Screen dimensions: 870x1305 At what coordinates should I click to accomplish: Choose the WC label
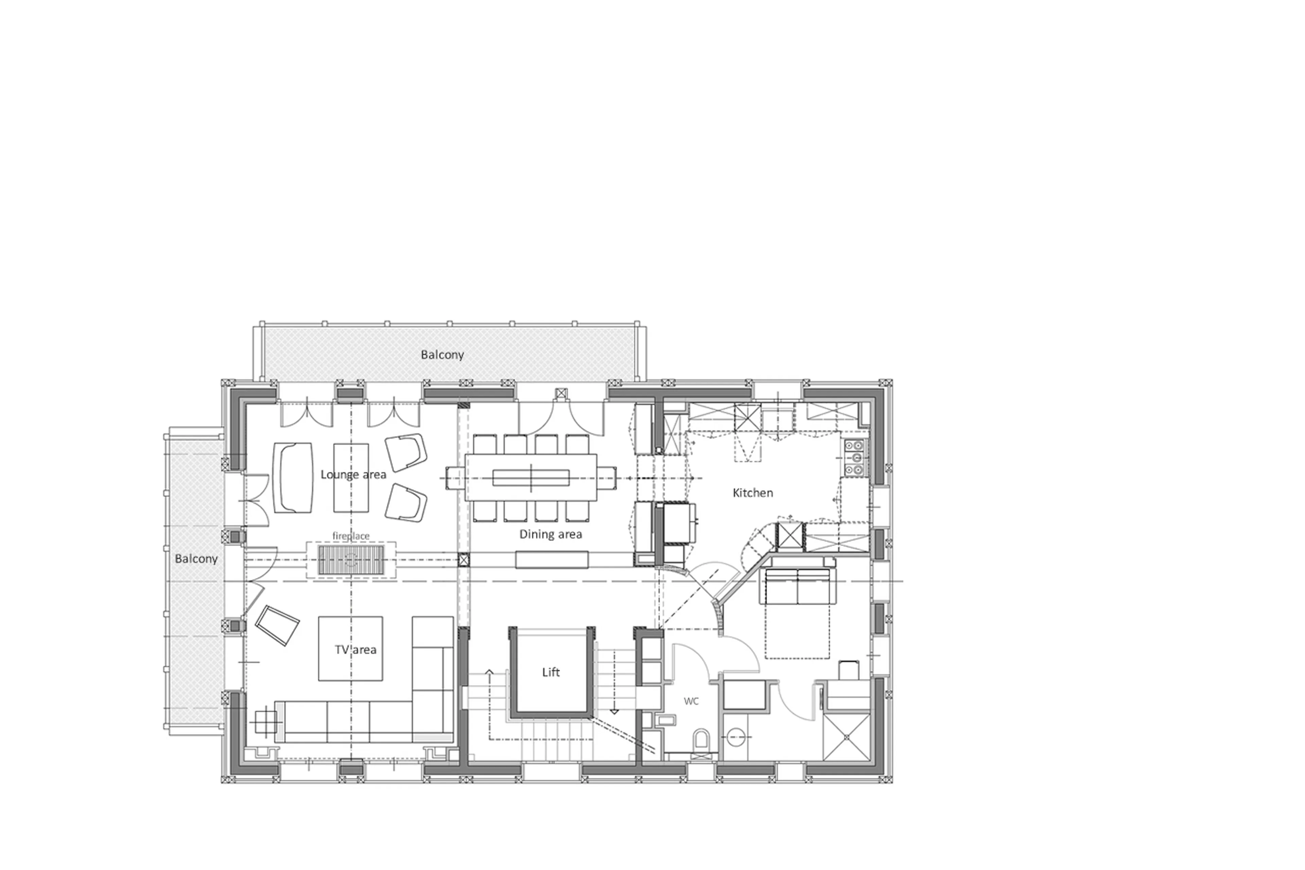(691, 701)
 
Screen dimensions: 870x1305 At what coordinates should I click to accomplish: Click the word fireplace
(350, 536)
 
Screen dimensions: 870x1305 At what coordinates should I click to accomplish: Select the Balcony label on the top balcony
(442, 355)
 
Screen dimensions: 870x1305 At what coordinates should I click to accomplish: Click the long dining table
(531, 478)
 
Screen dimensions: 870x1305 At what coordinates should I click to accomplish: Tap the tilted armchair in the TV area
(277, 625)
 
